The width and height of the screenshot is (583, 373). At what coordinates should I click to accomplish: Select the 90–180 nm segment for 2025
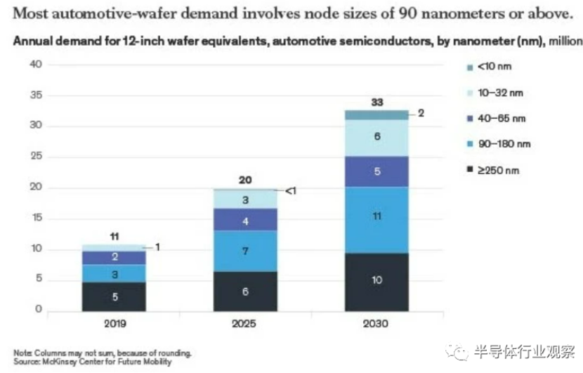245,251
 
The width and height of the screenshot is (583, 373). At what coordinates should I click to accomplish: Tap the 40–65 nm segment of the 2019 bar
114,258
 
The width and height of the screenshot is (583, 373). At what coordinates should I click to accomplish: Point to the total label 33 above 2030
376,102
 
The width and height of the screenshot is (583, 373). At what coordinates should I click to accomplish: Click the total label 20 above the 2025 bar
245,179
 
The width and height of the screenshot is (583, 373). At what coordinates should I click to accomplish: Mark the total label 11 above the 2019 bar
114,235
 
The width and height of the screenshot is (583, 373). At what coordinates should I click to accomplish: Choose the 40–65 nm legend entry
496,118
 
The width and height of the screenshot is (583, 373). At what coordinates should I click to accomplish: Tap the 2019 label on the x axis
114,325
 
